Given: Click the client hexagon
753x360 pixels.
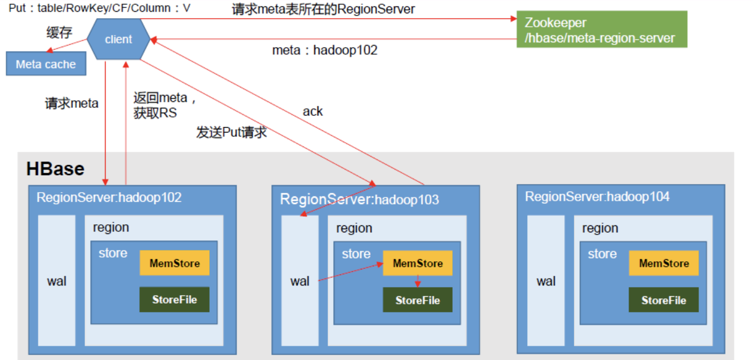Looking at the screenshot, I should click(x=119, y=39).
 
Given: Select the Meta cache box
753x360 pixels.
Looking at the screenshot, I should click(x=46, y=64).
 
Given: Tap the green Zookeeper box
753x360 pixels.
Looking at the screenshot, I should click(x=601, y=30).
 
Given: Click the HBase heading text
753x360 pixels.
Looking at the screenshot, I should click(x=55, y=169).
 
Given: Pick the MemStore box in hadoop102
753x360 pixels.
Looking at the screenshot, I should click(x=174, y=263).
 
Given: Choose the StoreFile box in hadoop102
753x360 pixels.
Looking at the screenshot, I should click(x=174, y=299).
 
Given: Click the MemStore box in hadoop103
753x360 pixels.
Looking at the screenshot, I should click(x=418, y=263).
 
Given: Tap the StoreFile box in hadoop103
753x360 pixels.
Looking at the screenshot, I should click(x=417, y=300).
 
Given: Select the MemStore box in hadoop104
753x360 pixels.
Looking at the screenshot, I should click(x=664, y=263).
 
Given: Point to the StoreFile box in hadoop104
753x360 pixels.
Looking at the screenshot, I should click(x=663, y=300).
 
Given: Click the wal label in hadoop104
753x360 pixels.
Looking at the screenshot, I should click(x=546, y=281).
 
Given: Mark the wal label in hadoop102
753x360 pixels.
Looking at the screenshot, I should click(x=56, y=281).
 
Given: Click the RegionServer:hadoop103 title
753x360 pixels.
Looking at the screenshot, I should click(x=359, y=200).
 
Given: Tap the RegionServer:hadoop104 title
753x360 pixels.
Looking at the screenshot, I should click(x=597, y=197).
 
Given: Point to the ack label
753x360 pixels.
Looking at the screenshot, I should click(x=313, y=111).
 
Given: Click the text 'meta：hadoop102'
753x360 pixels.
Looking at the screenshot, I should click(x=324, y=50).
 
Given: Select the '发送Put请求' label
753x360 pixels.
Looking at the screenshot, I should click(x=231, y=133).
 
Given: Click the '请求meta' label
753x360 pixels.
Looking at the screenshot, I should click(x=71, y=104).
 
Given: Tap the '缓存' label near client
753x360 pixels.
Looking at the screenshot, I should click(x=59, y=32).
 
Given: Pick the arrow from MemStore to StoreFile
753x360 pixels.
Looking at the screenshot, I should click(x=417, y=282).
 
